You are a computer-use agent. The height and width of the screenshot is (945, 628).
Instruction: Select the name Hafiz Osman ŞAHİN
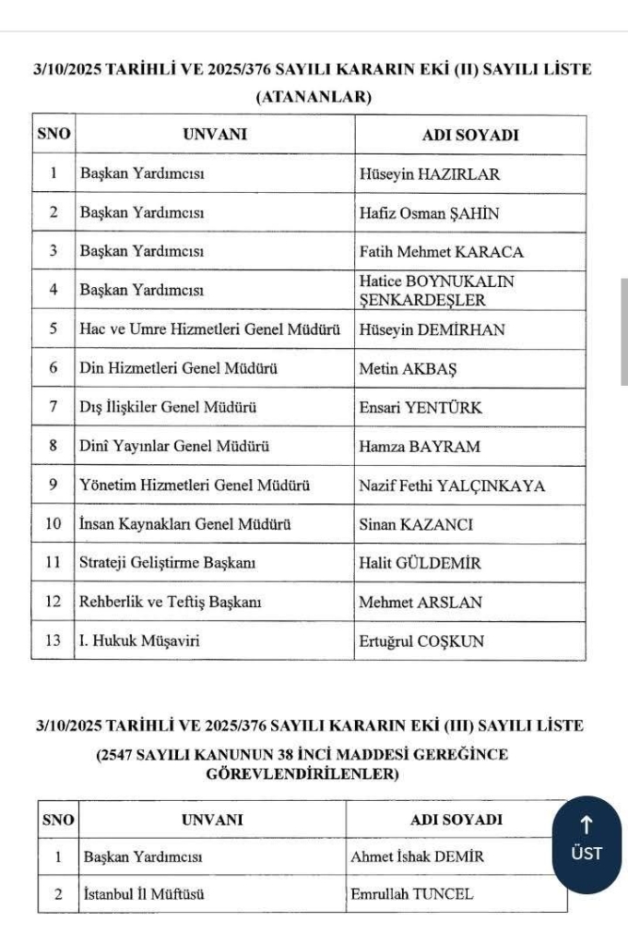pos(429,213)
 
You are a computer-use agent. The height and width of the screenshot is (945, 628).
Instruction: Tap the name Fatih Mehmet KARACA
pos(441,252)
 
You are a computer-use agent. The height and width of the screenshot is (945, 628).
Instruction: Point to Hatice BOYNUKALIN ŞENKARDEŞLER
pos(436,291)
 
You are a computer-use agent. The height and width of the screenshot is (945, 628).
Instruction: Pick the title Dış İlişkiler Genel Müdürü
pos(168,408)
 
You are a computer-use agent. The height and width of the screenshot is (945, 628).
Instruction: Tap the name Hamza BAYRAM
pos(420,447)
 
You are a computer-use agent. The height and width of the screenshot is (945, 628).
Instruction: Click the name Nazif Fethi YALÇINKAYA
pos(452,485)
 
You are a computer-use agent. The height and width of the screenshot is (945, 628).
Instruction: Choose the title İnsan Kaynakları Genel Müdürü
pos(185,525)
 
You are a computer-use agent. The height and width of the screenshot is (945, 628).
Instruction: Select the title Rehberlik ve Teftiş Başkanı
pos(171,603)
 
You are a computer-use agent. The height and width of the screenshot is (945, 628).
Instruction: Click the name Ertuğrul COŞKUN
pos(421,641)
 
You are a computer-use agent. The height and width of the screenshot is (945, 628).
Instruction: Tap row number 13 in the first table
pos(53,641)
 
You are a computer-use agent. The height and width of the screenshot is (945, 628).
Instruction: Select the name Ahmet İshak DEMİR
pos(417,857)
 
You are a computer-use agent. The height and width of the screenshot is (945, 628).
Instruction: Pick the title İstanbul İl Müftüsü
pos(143,894)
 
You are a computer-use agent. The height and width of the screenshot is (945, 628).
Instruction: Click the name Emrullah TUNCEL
pos(411,894)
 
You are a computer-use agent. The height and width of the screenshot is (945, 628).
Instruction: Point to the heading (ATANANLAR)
pos(313,97)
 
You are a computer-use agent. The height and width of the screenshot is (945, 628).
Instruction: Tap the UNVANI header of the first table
pos(215,135)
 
